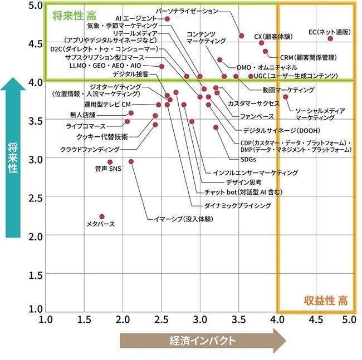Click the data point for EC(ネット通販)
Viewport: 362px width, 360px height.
point(330,38)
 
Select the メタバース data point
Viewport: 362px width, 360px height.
point(102,216)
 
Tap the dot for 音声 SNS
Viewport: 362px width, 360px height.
point(110,162)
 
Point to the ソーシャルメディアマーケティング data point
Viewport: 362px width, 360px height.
point(286,97)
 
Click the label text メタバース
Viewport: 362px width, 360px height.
point(100,224)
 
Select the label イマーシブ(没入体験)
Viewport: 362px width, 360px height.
point(183,218)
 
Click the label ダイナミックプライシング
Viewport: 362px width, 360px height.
point(238,205)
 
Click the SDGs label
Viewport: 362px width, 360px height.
point(248,160)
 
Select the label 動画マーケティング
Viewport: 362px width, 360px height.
point(288,90)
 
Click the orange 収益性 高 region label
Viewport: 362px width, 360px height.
point(326,300)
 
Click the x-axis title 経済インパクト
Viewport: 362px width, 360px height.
point(202,341)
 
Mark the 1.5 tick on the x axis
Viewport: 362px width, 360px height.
point(85,320)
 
